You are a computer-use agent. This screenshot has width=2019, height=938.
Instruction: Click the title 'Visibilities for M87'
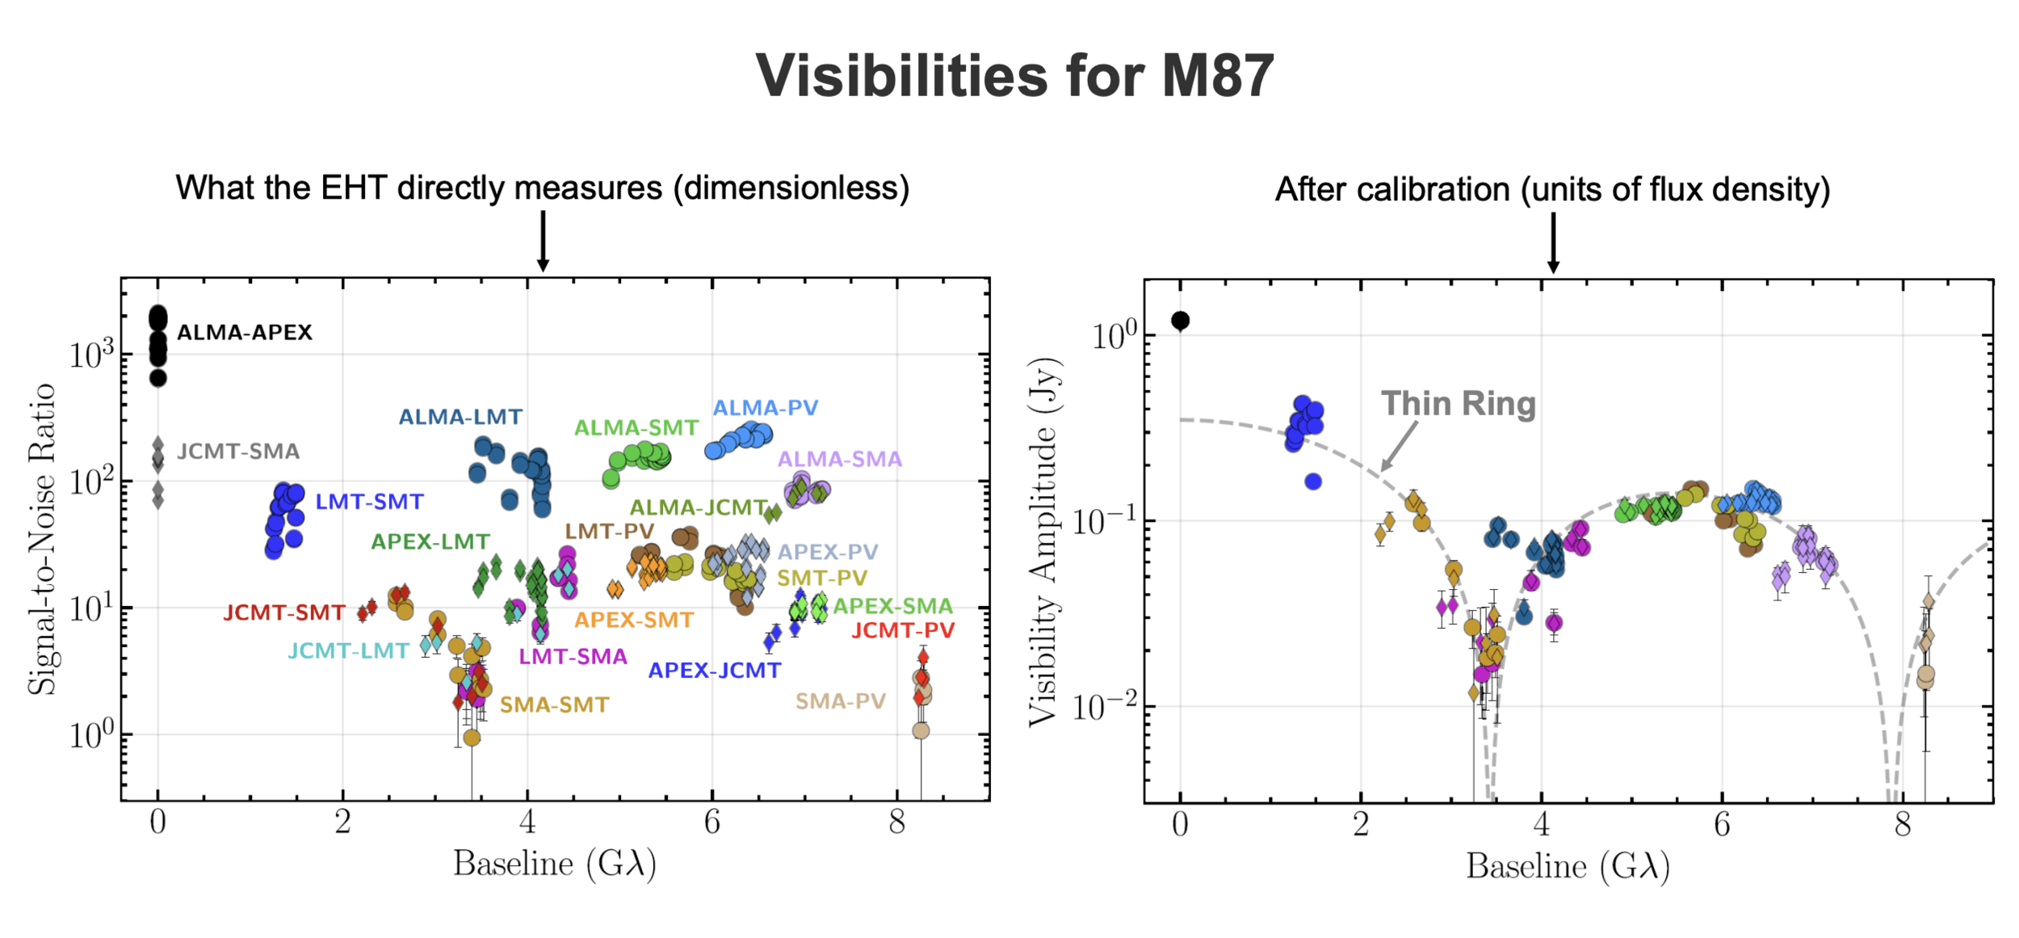(x=1014, y=76)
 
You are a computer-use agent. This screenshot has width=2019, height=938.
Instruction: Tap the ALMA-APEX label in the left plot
(x=244, y=333)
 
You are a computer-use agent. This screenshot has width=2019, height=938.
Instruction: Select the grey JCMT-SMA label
(x=237, y=452)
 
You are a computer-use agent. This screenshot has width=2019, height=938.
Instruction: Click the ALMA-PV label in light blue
(x=765, y=408)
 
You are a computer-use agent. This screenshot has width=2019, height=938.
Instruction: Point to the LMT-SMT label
(x=369, y=502)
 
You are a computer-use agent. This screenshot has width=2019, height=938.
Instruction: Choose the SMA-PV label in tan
(x=840, y=701)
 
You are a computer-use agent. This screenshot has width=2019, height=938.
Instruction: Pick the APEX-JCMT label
(x=714, y=671)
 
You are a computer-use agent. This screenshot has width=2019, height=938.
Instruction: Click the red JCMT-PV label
(x=903, y=630)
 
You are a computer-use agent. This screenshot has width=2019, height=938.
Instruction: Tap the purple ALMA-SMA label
(x=839, y=460)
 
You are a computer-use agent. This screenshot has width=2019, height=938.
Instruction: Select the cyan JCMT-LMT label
(x=348, y=651)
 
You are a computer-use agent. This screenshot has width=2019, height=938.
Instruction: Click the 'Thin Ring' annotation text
(x=1458, y=404)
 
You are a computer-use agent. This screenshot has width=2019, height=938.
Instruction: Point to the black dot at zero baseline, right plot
(x=1180, y=321)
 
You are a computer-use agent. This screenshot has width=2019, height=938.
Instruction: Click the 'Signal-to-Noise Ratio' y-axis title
(x=42, y=539)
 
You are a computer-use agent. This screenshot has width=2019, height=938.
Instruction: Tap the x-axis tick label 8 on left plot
(x=896, y=822)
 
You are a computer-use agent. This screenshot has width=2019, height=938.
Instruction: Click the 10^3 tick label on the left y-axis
(x=91, y=355)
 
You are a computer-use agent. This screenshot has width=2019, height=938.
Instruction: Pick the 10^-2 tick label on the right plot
(x=1103, y=707)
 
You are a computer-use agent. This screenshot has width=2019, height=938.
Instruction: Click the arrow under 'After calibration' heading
(x=1552, y=242)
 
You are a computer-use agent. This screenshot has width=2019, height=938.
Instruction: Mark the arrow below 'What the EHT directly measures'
(x=543, y=241)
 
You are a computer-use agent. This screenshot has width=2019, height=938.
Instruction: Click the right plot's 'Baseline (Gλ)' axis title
(x=1568, y=867)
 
